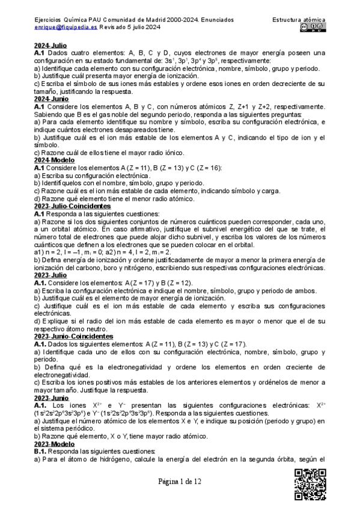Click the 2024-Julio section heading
[x=50, y=46]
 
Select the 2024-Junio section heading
[x=51, y=99]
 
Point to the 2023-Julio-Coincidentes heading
[x=73, y=206]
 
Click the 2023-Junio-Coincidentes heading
[x=74, y=337]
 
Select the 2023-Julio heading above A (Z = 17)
[x=50, y=275]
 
